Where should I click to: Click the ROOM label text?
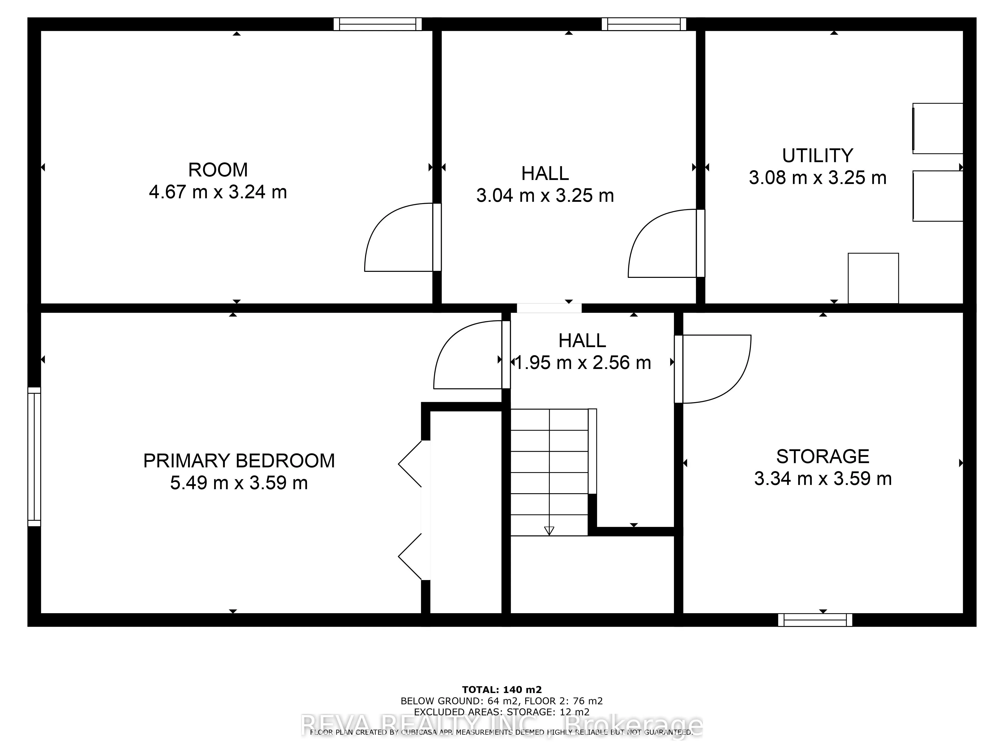(x=218, y=170)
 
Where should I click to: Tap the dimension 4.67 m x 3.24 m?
(x=218, y=192)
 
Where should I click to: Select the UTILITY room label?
(x=818, y=156)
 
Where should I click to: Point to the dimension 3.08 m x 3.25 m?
(x=818, y=177)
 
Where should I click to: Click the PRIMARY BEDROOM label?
(x=239, y=461)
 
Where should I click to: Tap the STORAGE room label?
(x=823, y=456)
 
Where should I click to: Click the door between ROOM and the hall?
(x=399, y=238)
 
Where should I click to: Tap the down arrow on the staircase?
(x=549, y=530)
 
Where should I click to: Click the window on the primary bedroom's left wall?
(x=34, y=457)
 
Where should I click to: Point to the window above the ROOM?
(x=378, y=24)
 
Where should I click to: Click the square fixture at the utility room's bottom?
(x=873, y=278)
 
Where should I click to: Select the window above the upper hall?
(x=644, y=24)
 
